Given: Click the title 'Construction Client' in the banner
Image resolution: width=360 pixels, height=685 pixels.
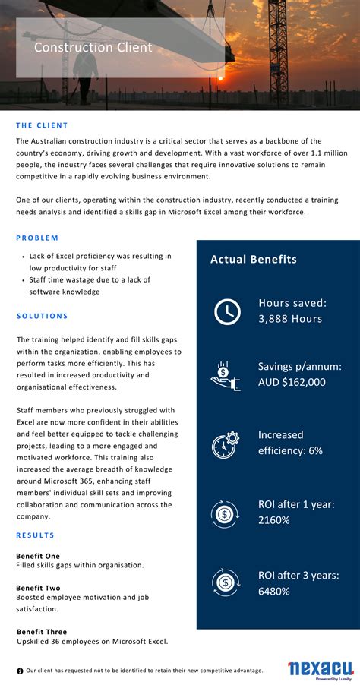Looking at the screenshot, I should (x=93, y=48).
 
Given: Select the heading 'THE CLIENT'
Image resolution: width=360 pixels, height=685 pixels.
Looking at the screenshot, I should (x=42, y=125).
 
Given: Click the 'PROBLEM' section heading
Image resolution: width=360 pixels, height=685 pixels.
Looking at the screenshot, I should (x=37, y=238).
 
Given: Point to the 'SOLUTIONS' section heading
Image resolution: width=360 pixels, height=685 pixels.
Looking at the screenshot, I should (x=42, y=316).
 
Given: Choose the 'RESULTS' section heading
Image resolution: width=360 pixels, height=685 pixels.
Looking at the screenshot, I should (x=35, y=535).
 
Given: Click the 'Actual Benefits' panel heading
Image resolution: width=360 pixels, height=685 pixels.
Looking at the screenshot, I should (x=253, y=260).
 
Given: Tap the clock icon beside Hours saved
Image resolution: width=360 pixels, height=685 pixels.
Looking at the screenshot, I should (x=226, y=311).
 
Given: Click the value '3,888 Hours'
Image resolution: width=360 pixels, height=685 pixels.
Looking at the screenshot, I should (x=290, y=319).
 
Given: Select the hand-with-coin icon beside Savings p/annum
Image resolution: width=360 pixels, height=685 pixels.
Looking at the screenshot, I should (x=226, y=374).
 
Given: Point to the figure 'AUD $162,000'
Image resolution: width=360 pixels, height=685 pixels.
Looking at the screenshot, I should (x=292, y=382).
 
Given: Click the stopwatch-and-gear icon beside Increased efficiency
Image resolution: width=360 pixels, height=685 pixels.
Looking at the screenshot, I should (x=226, y=444).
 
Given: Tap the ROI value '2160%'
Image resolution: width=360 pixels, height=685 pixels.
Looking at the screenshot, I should (x=273, y=520).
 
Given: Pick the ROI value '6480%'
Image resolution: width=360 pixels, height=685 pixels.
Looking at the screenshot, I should (x=273, y=591).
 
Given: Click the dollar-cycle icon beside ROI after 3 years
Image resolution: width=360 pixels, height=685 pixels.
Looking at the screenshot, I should (x=226, y=582).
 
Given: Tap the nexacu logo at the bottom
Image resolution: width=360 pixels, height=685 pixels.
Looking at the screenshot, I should (x=314, y=669).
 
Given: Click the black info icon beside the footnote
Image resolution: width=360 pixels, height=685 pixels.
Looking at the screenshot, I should (x=20, y=671).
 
